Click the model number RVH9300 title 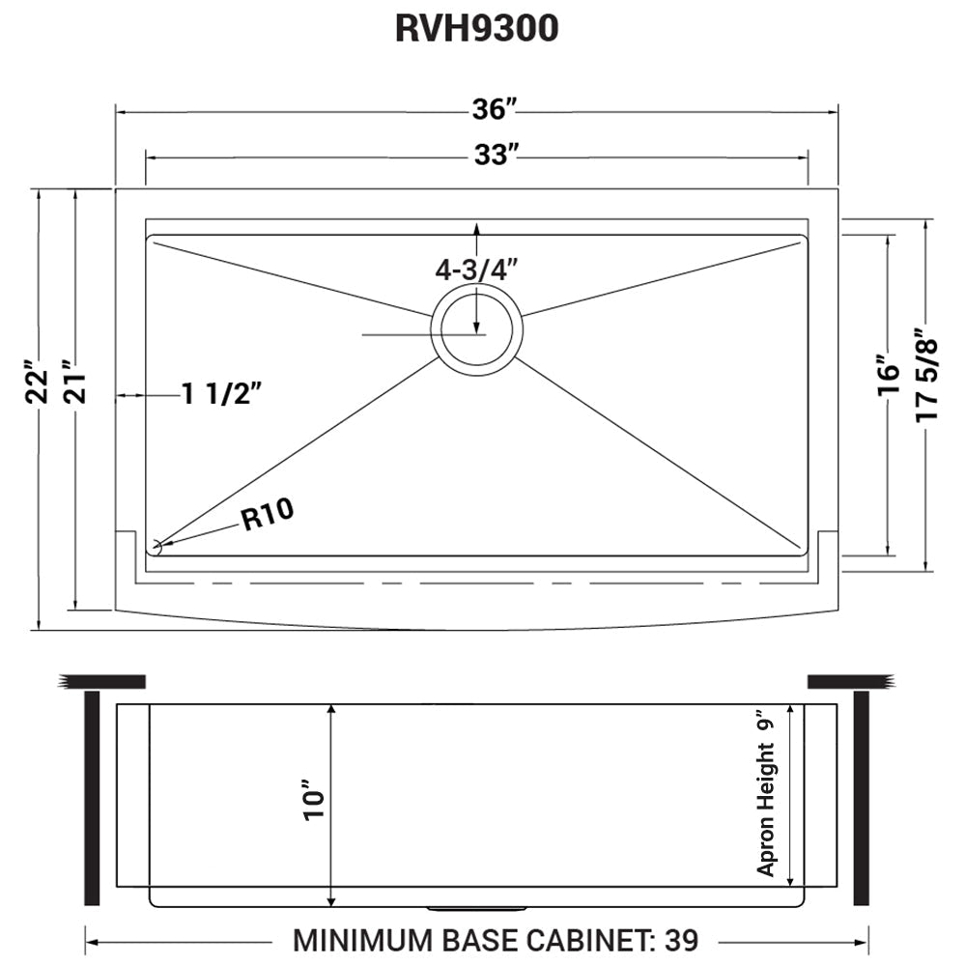tap(476, 29)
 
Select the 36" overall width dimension tap(491, 111)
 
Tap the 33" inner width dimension tap(491, 154)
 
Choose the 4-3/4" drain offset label tap(476, 270)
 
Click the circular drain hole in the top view tap(476, 330)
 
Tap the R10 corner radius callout tap(267, 517)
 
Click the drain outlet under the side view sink tap(476, 909)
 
